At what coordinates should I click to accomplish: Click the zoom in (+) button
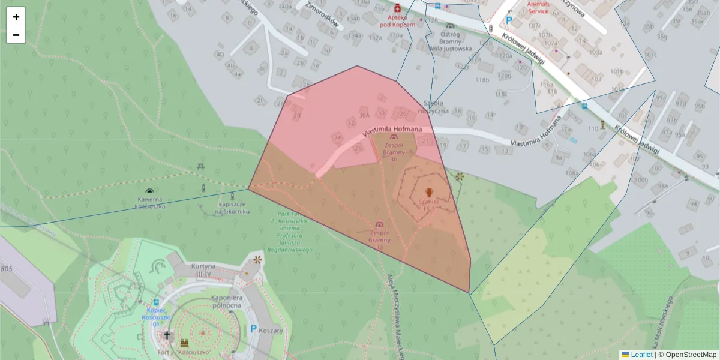pos(16,17)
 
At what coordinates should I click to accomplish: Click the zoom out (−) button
pos(16,35)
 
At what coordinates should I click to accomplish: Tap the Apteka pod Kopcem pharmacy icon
pos(397,8)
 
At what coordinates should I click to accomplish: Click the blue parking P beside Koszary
pos(253,329)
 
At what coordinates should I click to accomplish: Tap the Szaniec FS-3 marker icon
pos(429,193)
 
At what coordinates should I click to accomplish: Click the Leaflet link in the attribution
pos(641,355)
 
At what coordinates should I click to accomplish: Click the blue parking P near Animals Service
pos(509,20)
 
